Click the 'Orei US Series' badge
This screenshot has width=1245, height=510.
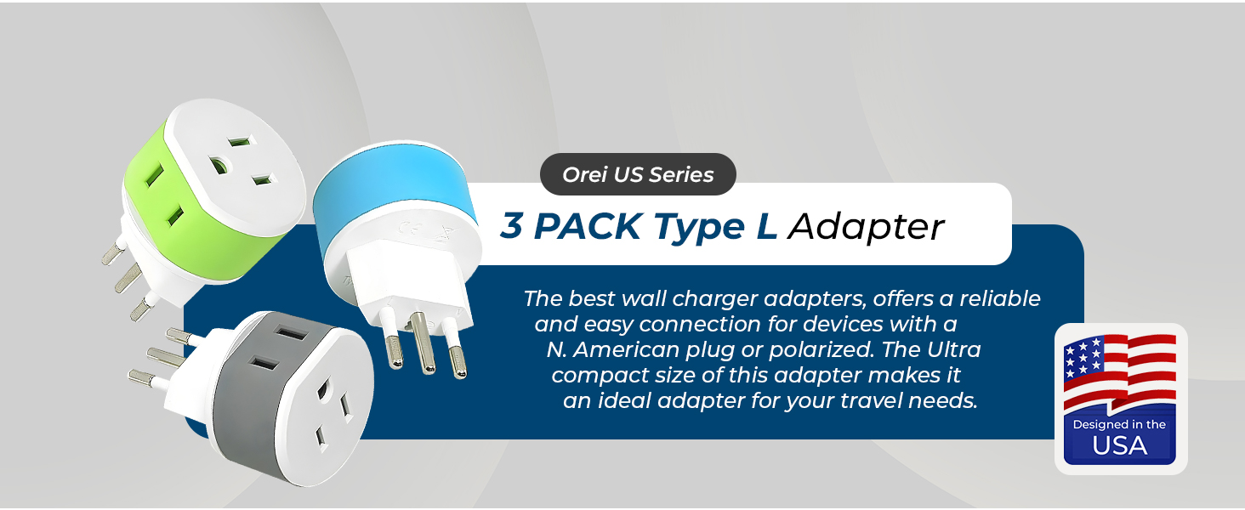pyautogui.click(x=638, y=175)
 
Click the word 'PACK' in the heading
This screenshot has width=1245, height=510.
pyautogui.click(x=587, y=226)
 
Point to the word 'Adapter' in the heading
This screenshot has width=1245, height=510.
pyautogui.click(x=865, y=226)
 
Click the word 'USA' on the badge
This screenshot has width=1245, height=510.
pyautogui.click(x=1119, y=445)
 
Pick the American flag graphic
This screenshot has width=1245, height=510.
pyautogui.click(x=1119, y=370)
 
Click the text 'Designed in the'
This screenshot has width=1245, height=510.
pyautogui.click(x=1119, y=424)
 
